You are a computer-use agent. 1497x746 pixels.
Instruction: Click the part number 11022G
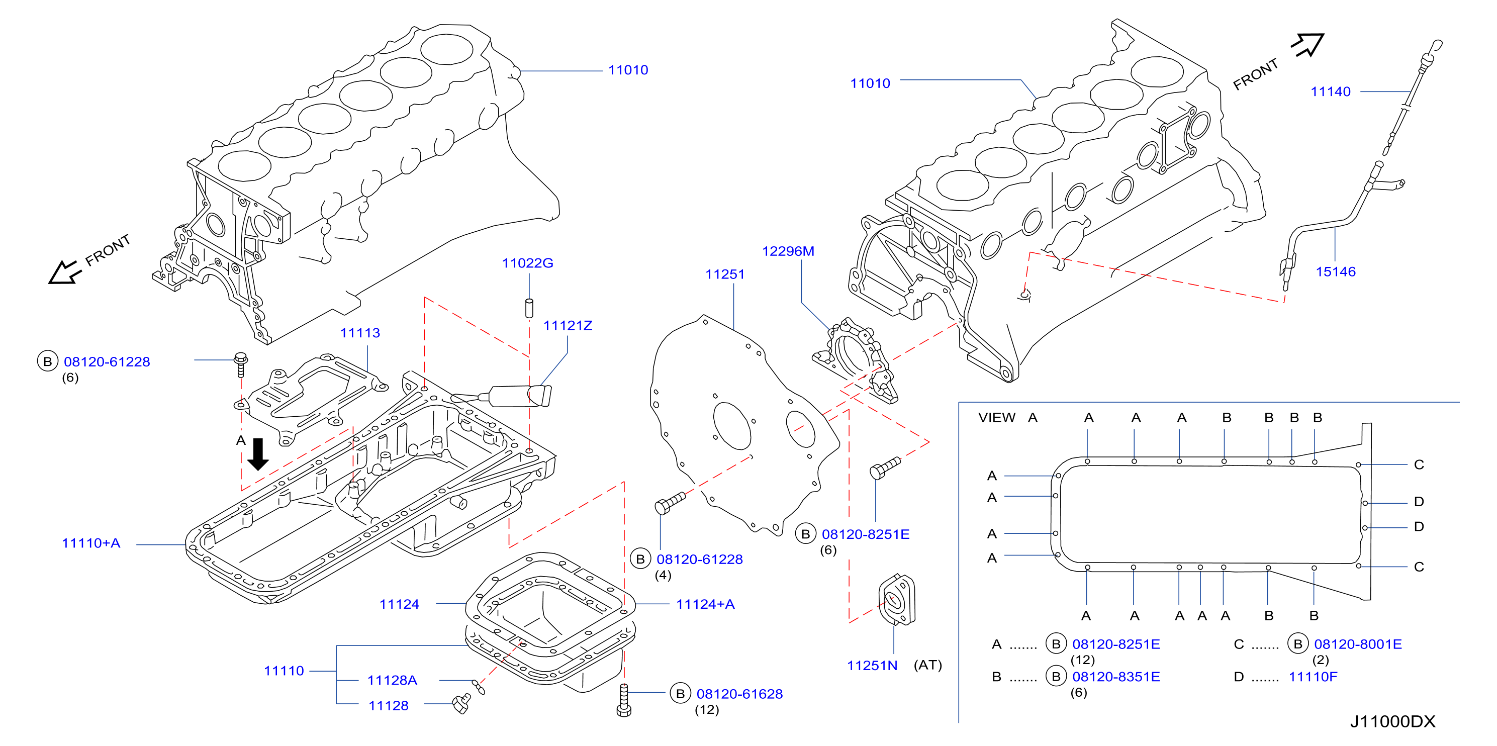point(527,263)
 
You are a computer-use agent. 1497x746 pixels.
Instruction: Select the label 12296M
point(788,251)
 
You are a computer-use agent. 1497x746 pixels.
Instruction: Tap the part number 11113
point(360,333)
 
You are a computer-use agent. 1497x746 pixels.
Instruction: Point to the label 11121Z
point(567,325)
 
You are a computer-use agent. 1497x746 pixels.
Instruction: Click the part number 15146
point(1336,272)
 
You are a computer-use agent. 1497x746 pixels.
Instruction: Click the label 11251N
point(872,666)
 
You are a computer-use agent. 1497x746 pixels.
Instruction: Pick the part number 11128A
point(392,680)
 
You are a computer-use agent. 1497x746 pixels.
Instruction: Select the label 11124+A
point(705,604)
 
